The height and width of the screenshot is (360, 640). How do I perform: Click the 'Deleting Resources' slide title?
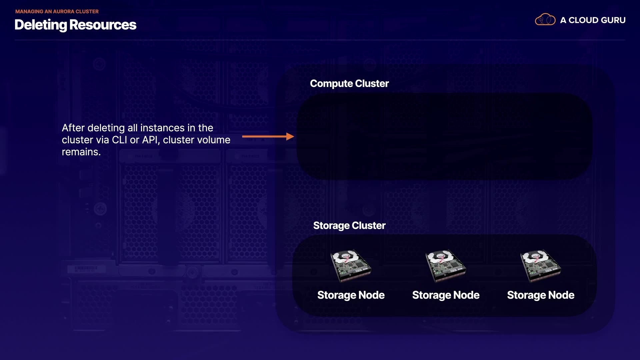tap(75, 25)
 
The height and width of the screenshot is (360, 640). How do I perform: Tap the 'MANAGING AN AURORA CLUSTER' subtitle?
tap(57, 11)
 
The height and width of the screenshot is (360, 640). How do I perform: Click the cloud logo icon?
tap(545, 20)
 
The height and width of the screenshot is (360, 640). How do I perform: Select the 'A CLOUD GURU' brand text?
tap(593, 20)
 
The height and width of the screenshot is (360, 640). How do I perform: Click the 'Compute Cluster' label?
tap(349, 83)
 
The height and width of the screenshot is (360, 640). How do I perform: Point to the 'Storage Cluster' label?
tap(349, 225)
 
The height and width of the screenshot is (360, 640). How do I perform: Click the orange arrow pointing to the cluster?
tap(268, 136)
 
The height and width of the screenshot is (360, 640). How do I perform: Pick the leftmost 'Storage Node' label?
tap(351, 295)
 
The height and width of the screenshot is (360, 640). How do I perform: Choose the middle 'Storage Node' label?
tap(446, 295)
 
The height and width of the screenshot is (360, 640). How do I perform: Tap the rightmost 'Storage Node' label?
tap(541, 295)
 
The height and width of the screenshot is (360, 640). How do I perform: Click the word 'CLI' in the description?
tap(119, 140)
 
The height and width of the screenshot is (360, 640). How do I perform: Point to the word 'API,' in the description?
tap(151, 140)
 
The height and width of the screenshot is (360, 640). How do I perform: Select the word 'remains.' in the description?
tap(81, 152)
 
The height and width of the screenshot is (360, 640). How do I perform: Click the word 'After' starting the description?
tap(73, 128)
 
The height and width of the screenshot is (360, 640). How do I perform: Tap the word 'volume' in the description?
tap(213, 140)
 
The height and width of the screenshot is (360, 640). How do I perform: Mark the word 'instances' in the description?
tap(162, 128)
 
